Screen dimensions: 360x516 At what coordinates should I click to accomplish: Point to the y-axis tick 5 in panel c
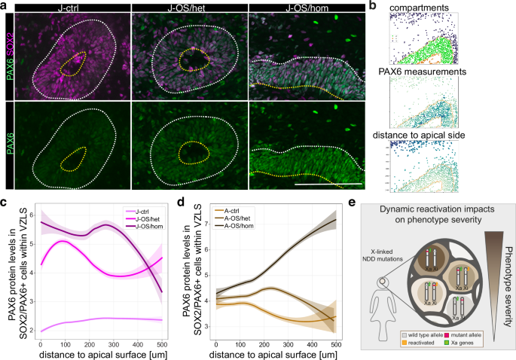[x=32, y=243]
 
